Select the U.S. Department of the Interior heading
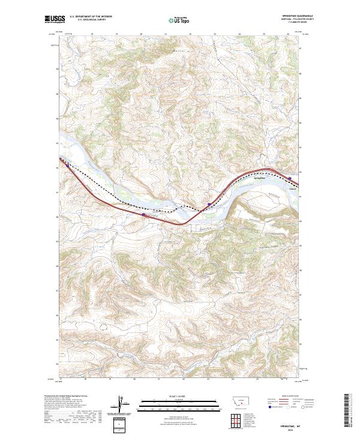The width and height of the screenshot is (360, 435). [90, 17]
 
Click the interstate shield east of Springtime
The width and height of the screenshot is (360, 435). [290, 178]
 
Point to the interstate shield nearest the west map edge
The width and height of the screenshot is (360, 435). [143, 214]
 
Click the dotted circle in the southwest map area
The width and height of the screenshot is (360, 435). [103, 328]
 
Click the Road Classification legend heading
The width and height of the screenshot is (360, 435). [290, 397]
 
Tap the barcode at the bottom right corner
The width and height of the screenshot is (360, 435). [349, 411]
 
